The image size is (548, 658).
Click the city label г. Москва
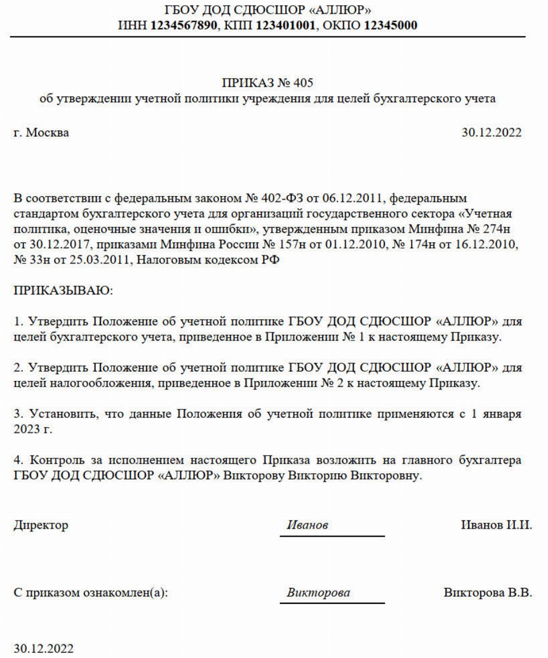coord(42,133)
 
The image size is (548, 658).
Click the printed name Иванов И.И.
coord(496,525)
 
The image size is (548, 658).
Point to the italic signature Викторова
coord(319,593)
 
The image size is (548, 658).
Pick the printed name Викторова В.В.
coord(488,593)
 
